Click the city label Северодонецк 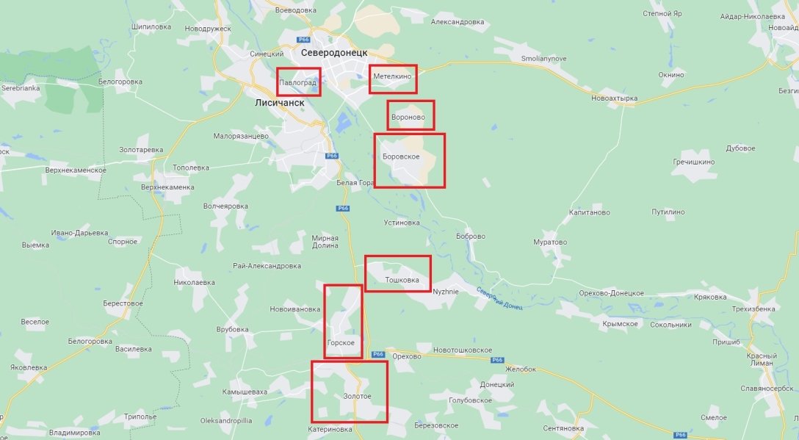pyautogui.click(x=334, y=53)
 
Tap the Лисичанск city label pyautogui.click(x=279, y=103)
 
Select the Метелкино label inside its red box pyautogui.click(x=392, y=76)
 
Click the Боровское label pyautogui.click(x=401, y=157)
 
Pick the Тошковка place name pyautogui.click(x=402, y=280)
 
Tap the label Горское pyautogui.click(x=341, y=343)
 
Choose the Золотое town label pyautogui.click(x=357, y=397)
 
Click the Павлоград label pyautogui.click(x=297, y=83)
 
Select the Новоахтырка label pyautogui.click(x=615, y=98)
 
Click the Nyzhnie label pyautogui.click(x=445, y=291)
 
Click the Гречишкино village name pyautogui.click(x=693, y=161)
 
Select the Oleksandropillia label pyautogui.click(x=226, y=421)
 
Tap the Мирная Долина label pyautogui.click(x=325, y=242)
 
